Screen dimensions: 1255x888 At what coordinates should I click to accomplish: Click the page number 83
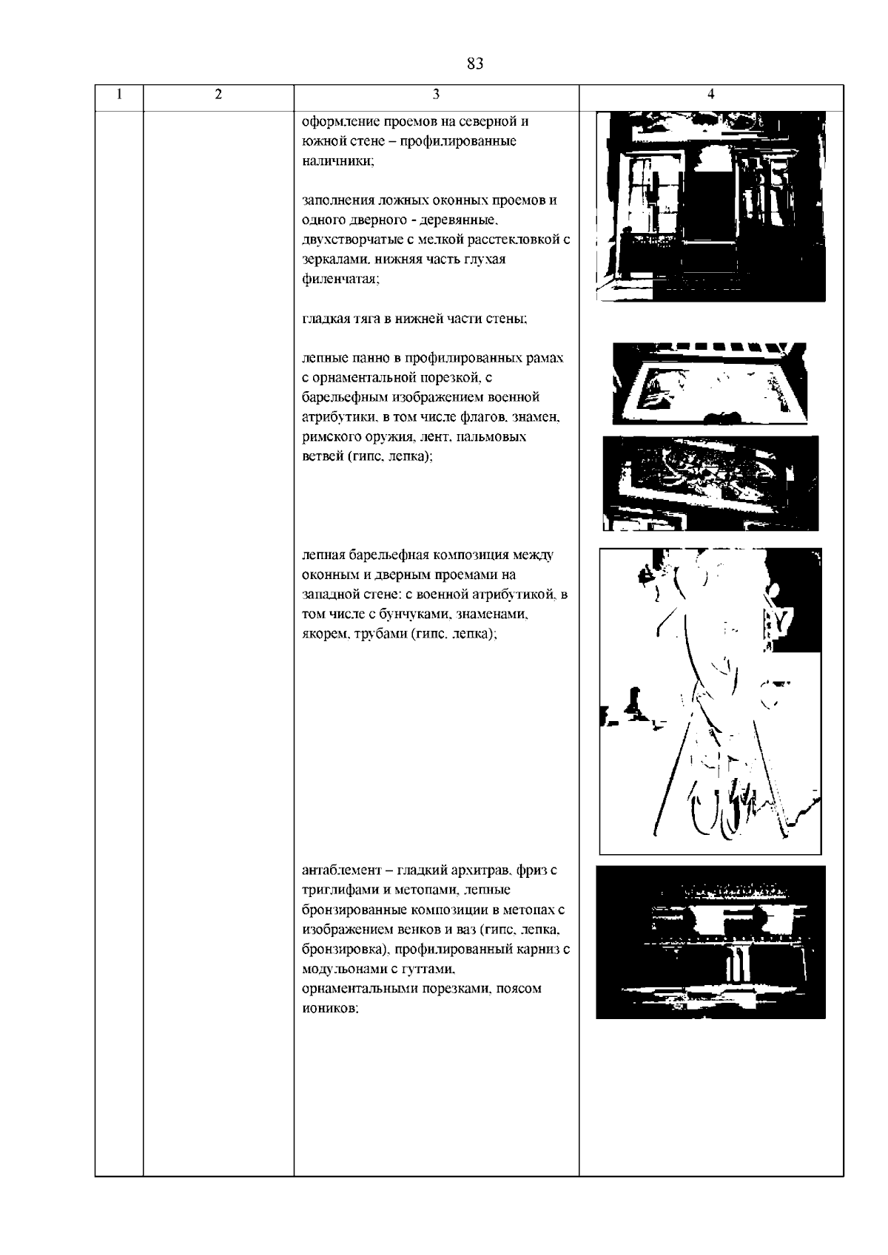coord(475,64)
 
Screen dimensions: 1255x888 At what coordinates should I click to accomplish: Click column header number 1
coord(119,95)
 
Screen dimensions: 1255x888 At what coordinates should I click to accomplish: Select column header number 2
coord(218,95)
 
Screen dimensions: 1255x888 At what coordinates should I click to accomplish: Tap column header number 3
coord(436,95)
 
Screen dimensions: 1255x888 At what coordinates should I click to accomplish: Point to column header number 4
coord(710,95)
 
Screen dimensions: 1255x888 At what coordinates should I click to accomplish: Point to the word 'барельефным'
coord(340,398)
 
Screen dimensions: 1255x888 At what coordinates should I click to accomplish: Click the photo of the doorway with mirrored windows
coord(710,206)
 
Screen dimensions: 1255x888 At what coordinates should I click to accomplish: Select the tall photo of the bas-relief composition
coord(710,700)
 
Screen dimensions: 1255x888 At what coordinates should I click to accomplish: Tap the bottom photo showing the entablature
coord(710,941)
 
